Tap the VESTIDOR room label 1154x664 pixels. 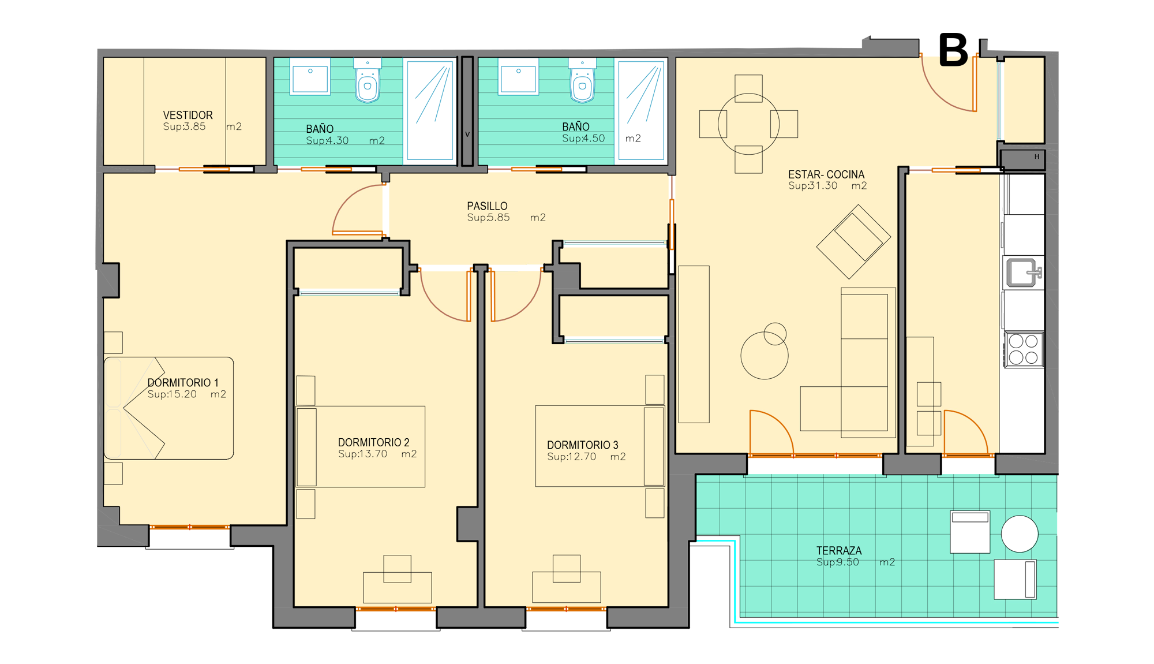point(188,115)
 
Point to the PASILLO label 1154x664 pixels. point(487,206)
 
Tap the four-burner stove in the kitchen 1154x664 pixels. point(1024,349)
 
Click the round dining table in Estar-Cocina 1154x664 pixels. point(748,124)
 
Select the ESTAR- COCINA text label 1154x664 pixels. point(826,174)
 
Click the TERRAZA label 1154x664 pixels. point(838,551)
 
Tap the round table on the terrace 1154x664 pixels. point(1020,534)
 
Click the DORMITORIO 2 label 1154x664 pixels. point(373,442)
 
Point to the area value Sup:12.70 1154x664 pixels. point(571,457)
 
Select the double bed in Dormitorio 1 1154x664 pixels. point(168,408)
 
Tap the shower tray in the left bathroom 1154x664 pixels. point(430,110)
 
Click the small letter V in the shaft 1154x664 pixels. point(467,134)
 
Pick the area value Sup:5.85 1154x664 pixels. point(488,218)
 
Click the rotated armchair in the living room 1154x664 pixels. point(853,242)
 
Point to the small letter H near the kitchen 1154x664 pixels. point(1036,156)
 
